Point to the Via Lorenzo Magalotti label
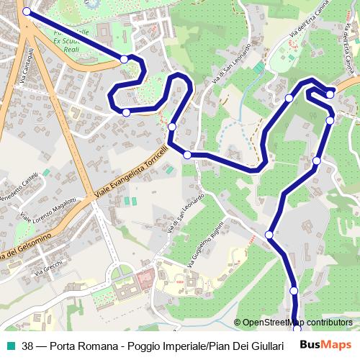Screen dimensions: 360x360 48,210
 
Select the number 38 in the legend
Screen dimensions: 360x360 27,346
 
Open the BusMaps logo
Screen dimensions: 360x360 326,345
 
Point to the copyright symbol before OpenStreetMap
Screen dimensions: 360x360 238,323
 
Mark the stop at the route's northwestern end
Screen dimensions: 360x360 27,12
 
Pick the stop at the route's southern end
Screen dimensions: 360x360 297,329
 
